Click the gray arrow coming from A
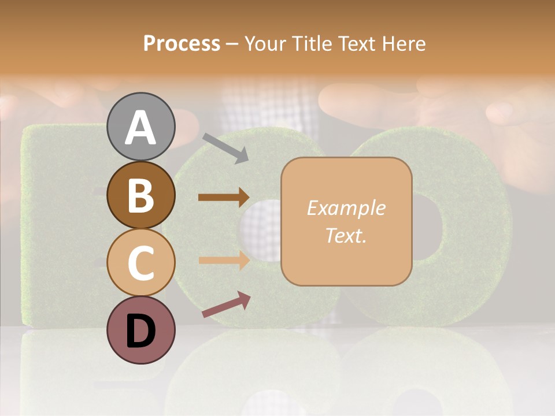(226, 147)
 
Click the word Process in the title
(182, 44)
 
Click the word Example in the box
(346, 208)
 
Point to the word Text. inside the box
(346, 235)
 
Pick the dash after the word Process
(232, 44)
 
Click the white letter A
(140, 128)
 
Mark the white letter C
(140, 263)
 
